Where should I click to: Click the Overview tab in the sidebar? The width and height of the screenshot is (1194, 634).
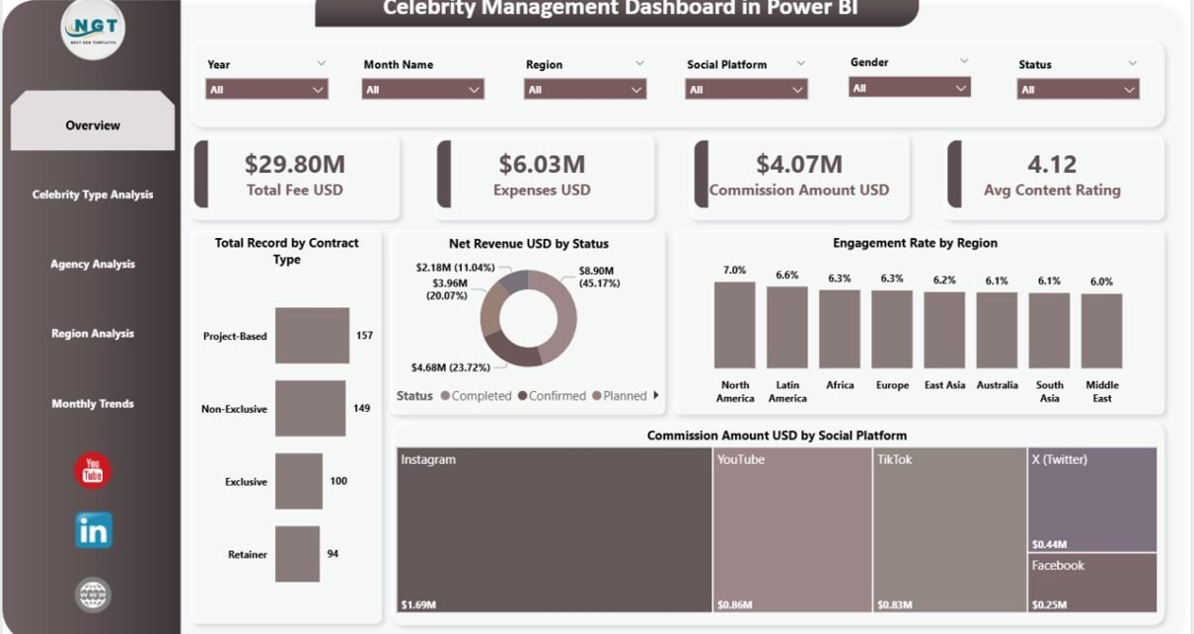pyautogui.click(x=93, y=125)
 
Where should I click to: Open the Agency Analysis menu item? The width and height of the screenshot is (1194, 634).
pyautogui.click(x=93, y=265)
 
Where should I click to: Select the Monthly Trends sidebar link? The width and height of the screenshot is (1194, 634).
pyautogui.click(x=93, y=404)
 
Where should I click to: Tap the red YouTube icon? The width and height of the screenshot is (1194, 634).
pyautogui.click(x=93, y=470)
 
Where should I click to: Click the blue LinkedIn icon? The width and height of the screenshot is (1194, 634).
pyautogui.click(x=94, y=531)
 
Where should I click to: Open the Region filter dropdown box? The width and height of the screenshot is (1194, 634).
pyautogui.click(x=585, y=90)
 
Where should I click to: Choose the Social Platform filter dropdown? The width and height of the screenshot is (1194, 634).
pyautogui.click(x=746, y=90)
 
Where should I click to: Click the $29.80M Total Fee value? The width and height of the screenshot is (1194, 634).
pyautogui.click(x=295, y=164)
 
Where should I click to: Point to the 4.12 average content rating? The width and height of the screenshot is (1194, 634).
pyautogui.click(x=1051, y=164)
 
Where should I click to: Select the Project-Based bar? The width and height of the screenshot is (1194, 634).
pyautogui.click(x=312, y=336)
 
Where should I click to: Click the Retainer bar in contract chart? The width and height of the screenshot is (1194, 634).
pyautogui.click(x=297, y=554)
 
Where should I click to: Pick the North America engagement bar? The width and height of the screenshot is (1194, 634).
pyautogui.click(x=734, y=325)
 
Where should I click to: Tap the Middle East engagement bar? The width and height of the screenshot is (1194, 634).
pyautogui.click(x=1101, y=331)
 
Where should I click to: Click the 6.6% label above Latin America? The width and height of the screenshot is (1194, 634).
pyautogui.click(x=786, y=276)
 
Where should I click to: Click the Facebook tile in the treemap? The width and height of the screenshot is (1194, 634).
pyautogui.click(x=1092, y=583)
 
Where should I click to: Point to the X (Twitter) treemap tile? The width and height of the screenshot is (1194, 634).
pyautogui.click(x=1092, y=499)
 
